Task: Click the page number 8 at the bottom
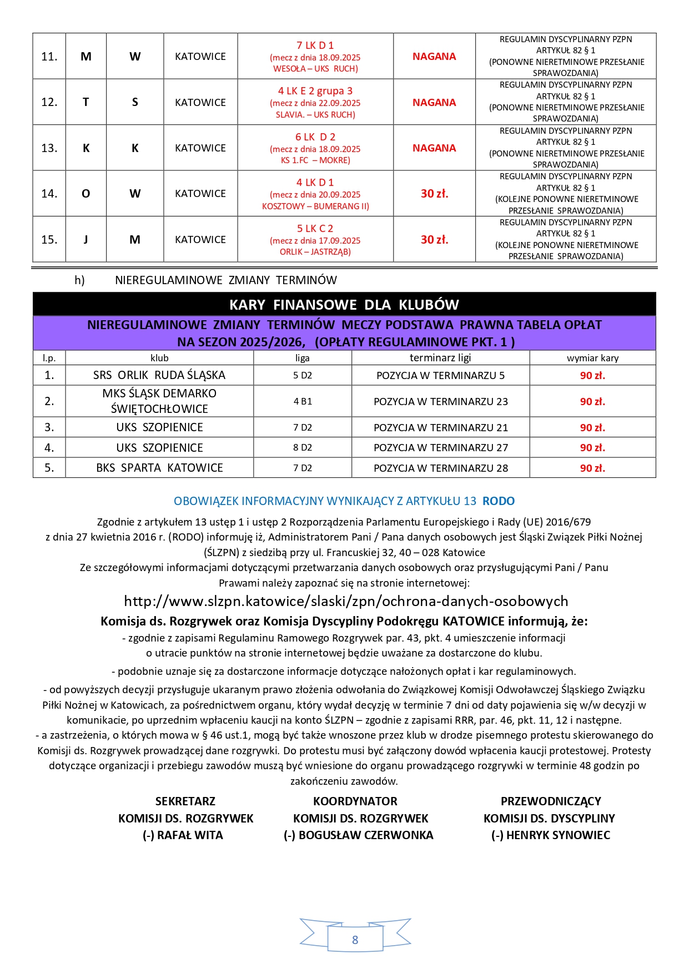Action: click(x=355, y=940)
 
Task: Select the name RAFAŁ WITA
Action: click(x=190, y=835)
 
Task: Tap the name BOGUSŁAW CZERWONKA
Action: click(x=365, y=835)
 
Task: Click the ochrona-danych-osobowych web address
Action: click(x=346, y=601)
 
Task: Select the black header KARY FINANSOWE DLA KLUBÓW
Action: click(x=344, y=305)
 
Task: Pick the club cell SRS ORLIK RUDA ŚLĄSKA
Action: click(x=159, y=375)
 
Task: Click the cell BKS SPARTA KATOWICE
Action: click(x=159, y=468)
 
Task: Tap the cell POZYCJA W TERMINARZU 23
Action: click(x=441, y=401)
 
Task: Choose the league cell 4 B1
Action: click(x=303, y=401)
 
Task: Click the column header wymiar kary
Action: click(x=592, y=358)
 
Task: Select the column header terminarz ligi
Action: click(x=440, y=358)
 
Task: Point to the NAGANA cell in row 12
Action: click(x=434, y=103)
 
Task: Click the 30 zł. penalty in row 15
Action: click(x=434, y=240)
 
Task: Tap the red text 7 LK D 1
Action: click(x=315, y=46)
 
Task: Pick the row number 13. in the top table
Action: click(x=49, y=148)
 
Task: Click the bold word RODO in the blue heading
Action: click(x=499, y=501)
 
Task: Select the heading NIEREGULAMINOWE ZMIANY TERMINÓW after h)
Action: click(x=226, y=280)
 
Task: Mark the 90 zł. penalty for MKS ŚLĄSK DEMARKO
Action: click(x=592, y=401)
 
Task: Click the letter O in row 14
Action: click(x=86, y=194)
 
